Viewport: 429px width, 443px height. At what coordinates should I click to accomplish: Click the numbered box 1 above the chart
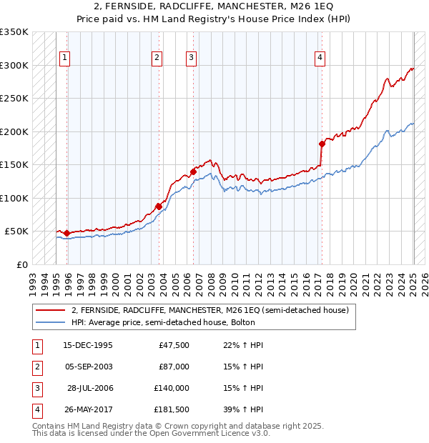65,59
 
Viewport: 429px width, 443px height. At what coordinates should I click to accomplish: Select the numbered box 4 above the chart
320,59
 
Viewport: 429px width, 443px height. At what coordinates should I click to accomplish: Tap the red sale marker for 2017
322,144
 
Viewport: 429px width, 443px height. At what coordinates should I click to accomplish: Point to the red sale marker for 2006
193,171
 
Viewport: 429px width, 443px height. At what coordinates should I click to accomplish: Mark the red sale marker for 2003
159,206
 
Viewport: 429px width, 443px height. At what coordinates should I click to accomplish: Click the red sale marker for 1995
66,233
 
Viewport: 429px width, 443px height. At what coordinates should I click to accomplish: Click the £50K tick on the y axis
17,232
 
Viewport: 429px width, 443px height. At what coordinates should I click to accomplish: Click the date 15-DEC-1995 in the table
88,345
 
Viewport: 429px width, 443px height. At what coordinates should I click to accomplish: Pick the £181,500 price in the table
172,409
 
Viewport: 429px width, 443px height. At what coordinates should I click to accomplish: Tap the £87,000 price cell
174,367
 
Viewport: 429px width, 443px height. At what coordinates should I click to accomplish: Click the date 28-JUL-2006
89,388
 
